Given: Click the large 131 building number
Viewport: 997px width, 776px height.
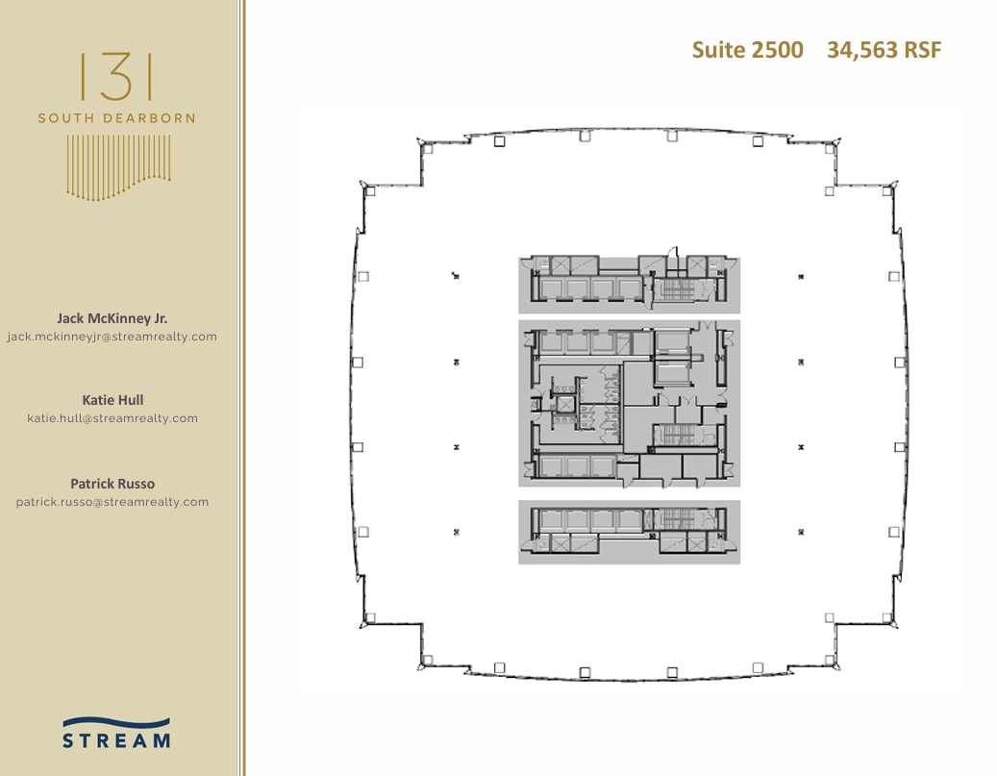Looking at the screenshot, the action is [116, 77].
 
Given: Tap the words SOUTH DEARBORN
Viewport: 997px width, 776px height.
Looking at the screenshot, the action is [116, 118].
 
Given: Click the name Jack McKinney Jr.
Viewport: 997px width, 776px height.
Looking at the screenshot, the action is [112, 318].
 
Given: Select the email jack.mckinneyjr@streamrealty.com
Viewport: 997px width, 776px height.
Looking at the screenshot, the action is [112, 337].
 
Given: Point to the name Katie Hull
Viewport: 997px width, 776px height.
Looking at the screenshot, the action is [112, 400].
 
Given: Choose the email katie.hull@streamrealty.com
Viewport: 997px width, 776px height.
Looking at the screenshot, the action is [112, 418].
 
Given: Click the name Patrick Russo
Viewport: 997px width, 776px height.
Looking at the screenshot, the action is [112, 484].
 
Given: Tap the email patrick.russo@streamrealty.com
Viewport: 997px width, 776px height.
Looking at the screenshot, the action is [112, 502].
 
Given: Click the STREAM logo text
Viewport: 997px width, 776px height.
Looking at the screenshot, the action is [116, 740].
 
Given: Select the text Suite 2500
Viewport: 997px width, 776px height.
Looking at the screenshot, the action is [748, 50].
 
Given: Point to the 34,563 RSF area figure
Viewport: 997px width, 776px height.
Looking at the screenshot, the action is [884, 50].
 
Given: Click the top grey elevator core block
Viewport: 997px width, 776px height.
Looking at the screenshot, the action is [630, 285].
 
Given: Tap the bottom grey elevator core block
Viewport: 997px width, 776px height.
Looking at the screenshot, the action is [630, 532].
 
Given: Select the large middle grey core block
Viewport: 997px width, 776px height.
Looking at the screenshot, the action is [630, 403].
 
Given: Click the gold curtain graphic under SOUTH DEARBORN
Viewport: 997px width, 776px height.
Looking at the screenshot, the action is [118, 167].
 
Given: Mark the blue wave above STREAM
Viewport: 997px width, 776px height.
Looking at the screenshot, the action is [116, 722].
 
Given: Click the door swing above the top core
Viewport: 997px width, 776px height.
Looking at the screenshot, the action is [673, 252].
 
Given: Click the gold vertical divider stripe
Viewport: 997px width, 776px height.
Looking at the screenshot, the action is [241, 388].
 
